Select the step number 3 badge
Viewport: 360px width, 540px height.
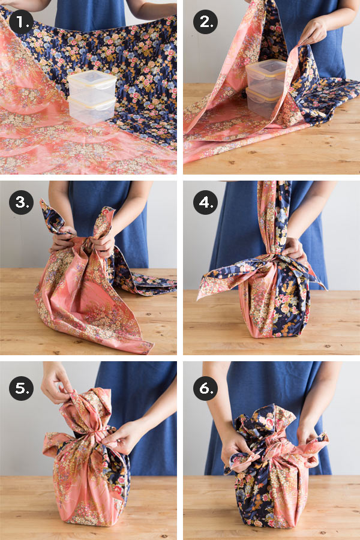coord(21,202)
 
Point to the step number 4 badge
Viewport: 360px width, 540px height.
coord(205,202)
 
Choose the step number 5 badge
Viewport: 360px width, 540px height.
coord(21,388)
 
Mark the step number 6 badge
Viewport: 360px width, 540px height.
coord(205,388)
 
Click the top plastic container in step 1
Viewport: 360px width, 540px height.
coord(92,86)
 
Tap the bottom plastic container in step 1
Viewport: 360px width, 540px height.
coord(92,110)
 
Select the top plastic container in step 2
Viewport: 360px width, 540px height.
coord(266,76)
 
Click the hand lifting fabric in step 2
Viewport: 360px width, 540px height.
coord(313,32)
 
